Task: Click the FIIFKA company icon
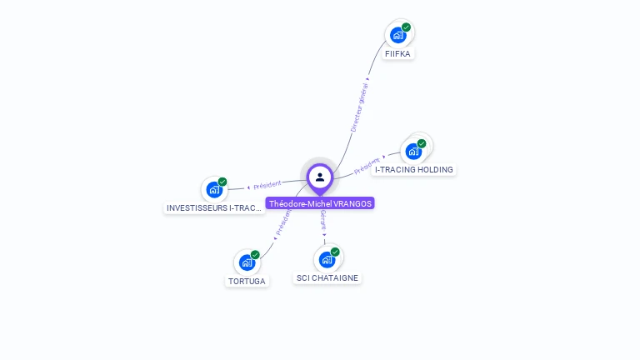(398, 35)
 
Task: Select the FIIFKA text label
(397, 54)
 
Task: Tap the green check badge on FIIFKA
(406, 27)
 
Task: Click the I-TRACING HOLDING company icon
(413, 151)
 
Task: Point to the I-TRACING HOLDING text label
(414, 170)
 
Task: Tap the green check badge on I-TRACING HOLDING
(422, 143)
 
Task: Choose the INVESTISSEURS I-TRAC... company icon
(214, 189)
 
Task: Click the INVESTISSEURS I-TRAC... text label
(215, 208)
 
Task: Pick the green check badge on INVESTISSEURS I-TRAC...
(222, 182)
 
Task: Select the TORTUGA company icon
(247, 262)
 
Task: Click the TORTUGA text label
(247, 282)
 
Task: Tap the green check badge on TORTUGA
(255, 255)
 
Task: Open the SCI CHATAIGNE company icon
(327, 259)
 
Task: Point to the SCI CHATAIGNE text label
(328, 278)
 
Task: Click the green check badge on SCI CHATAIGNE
(335, 252)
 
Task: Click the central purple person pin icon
(320, 177)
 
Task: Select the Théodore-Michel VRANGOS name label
(320, 203)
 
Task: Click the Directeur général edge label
(360, 105)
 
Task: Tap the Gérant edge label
(322, 220)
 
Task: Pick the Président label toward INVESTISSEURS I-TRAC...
(267, 185)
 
